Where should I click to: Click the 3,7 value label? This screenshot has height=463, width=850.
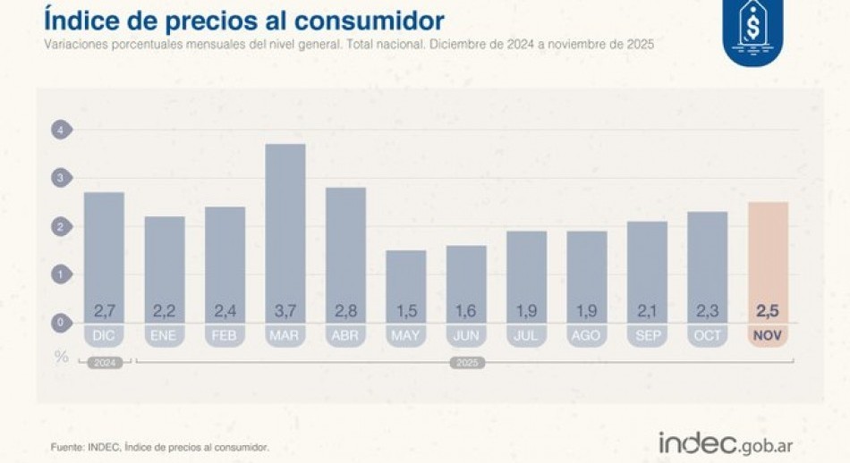(285, 311)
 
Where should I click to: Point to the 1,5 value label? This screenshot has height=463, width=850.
(406, 311)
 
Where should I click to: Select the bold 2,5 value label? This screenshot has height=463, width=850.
(768, 311)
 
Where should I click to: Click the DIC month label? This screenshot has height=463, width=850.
(104, 337)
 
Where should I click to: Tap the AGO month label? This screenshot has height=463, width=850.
(587, 337)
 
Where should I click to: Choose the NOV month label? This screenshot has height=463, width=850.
(768, 337)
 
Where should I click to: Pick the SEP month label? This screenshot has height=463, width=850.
(647, 337)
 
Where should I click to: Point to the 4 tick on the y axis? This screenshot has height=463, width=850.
(60, 130)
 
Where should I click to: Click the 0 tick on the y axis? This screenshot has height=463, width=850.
(60, 323)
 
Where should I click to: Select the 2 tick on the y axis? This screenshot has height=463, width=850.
(60, 227)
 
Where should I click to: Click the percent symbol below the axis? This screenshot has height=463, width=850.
(61, 357)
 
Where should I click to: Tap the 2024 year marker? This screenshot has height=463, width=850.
(104, 364)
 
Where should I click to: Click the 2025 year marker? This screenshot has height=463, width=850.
(466, 364)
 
